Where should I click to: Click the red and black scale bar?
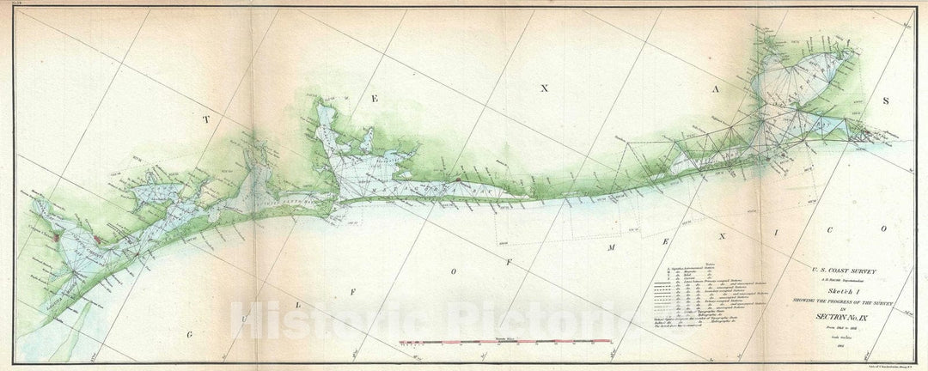(x=505, y=343)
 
